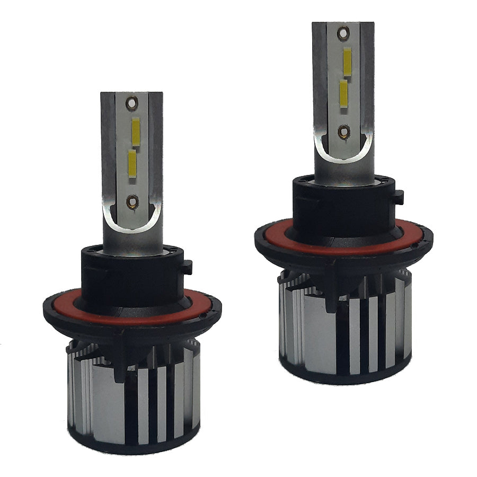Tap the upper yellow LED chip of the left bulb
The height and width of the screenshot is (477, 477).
click(136, 132)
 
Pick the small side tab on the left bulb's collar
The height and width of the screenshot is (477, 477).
click(188, 266)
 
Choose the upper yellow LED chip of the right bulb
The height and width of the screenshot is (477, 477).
click(348, 62)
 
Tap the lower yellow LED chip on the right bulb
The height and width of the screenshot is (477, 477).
click(344, 94)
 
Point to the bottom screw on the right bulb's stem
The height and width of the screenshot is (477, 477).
click(344, 131)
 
